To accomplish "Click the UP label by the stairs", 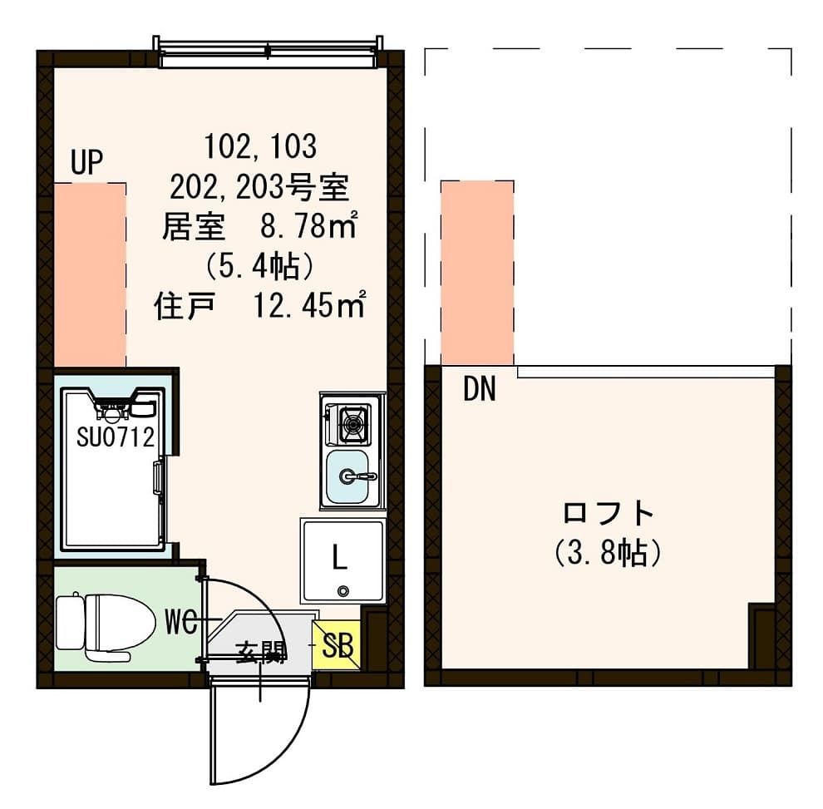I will (86, 164).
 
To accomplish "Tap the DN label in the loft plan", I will (479, 389).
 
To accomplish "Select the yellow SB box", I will (337, 645).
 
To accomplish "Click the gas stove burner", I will (352, 424).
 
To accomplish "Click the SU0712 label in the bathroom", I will (116, 437).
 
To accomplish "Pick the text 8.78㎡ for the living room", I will (305, 225).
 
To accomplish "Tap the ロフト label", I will (608, 513).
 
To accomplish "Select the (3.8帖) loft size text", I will (608, 552).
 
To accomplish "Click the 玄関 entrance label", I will (260, 653).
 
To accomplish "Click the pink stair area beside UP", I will (90, 274).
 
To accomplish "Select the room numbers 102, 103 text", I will (260, 146).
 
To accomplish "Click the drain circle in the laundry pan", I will (343, 591).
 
